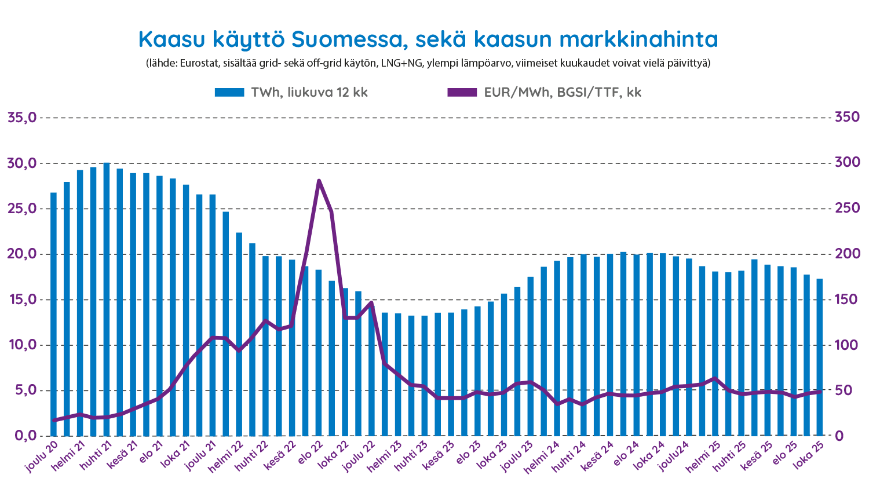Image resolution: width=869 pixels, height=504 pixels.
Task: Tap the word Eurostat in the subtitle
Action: click(199, 63)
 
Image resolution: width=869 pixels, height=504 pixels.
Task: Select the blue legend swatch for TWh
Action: click(231, 93)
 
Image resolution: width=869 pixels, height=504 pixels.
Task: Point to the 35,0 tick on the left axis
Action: click(22, 118)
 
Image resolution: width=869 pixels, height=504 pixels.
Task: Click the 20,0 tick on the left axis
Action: click(22, 254)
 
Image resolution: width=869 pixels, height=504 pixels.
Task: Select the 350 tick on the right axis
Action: click(846, 118)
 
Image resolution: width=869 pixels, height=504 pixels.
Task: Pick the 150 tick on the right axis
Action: click(846, 300)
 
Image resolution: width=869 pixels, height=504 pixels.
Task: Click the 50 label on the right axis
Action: click(843, 390)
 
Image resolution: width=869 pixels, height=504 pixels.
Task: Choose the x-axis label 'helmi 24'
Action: click(543, 457)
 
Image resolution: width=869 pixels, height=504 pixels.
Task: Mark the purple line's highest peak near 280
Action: click(319, 181)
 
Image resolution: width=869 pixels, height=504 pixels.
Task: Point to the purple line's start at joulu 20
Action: click(53, 420)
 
